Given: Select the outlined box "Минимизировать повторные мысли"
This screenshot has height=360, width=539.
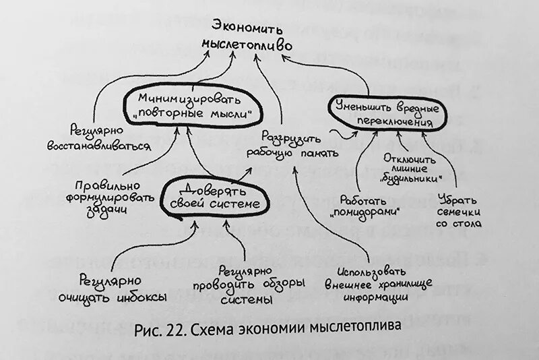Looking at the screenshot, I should (193, 105).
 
